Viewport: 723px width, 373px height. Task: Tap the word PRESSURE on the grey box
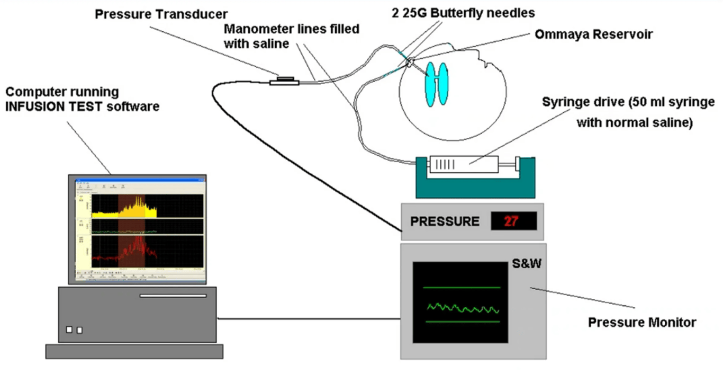pyautogui.click(x=445, y=221)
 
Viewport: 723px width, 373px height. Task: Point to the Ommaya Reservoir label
pyautogui.click(x=594, y=34)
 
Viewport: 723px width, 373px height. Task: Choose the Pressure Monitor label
pyautogui.click(x=642, y=322)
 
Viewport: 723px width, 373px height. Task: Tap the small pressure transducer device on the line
pyautogui.click(x=284, y=81)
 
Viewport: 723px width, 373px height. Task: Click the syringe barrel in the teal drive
pyautogui.click(x=462, y=166)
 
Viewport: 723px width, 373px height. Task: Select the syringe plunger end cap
pyautogui.click(x=518, y=166)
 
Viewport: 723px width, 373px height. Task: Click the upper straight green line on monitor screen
pyautogui.click(x=462, y=288)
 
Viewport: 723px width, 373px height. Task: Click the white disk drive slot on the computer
pyautogui.click(x=173, y=296)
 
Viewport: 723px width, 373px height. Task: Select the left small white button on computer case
pyautogui.click(x=69, y=330)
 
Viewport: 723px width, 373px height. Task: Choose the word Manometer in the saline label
pyautogui.click(x=252, y=29)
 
